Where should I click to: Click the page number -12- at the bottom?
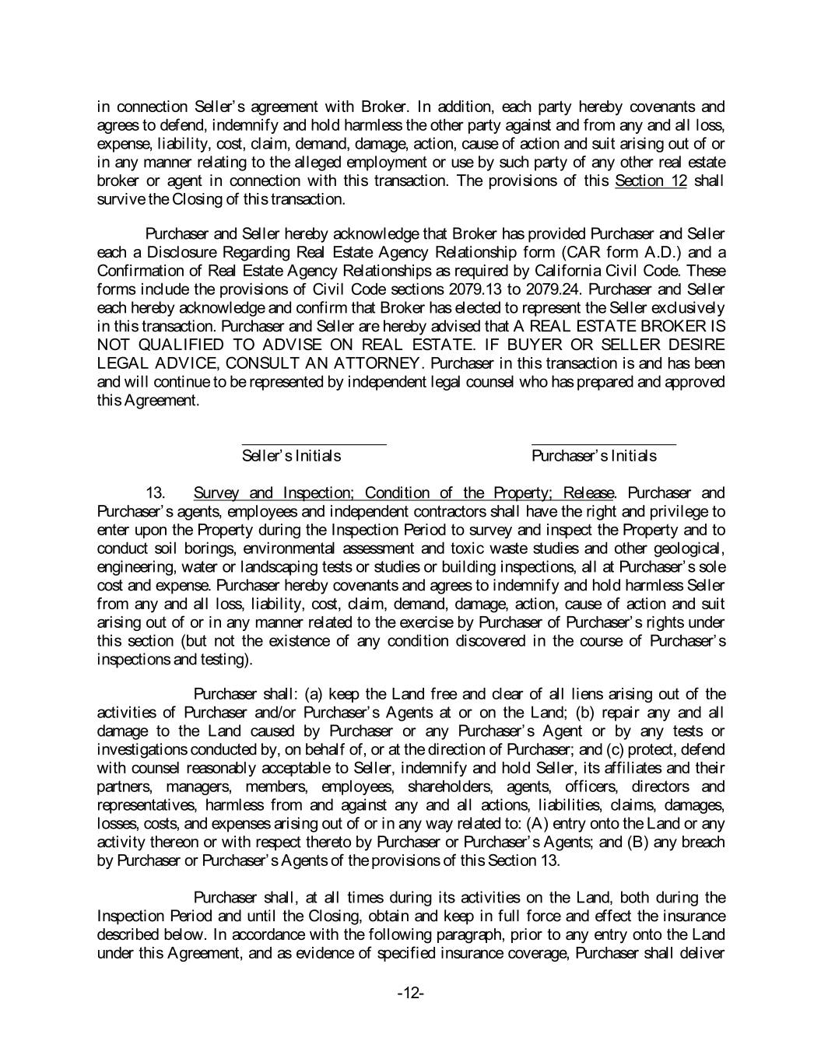coord(410,994)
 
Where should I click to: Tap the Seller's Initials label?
coord(291,456)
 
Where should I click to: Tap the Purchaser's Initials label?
coord(594,456)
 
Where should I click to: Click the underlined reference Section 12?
coord(651,181)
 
